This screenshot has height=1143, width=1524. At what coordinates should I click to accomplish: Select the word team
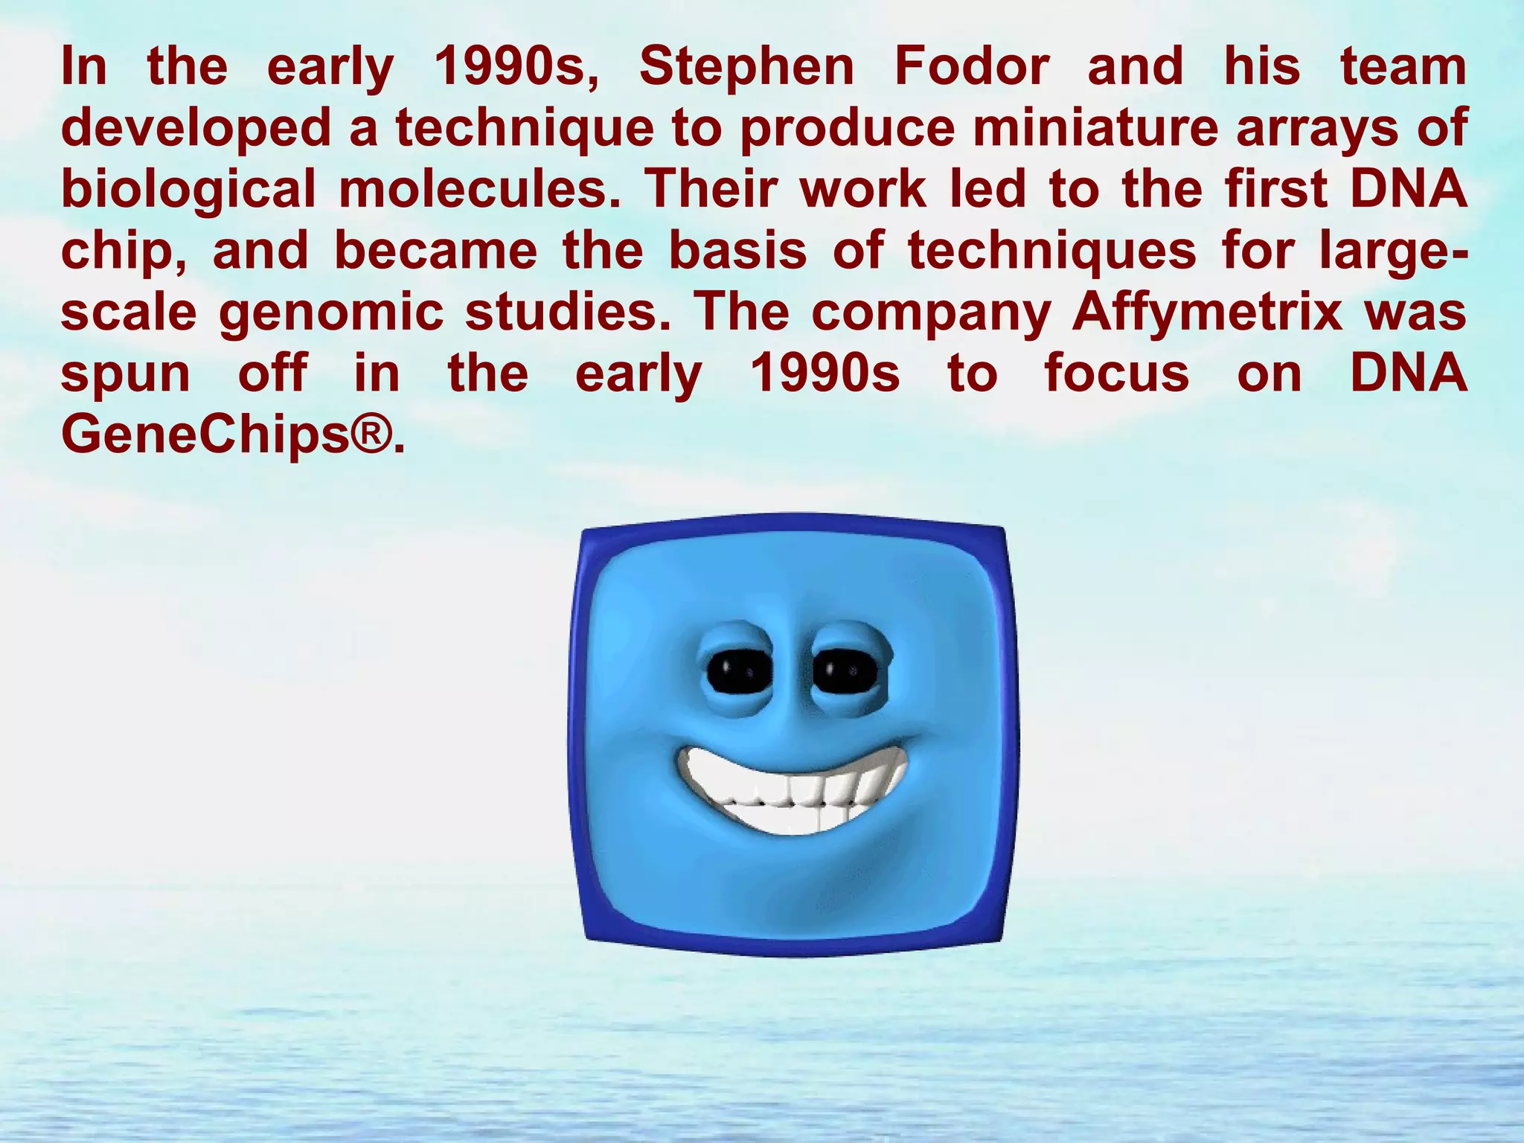tap(1403, 67)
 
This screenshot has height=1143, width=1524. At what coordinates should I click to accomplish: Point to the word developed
tap(196, 129)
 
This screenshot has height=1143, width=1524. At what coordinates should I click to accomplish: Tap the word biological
tap(188, 190)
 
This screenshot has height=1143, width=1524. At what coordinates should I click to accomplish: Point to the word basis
tap(737, 252)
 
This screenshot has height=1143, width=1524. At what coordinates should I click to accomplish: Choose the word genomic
tap(331, 313)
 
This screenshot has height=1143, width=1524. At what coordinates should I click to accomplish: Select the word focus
tap(1117, 374)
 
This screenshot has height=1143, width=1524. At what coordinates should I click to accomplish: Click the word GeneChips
tap(205, 435)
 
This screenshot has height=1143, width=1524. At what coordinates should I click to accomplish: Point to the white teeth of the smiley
tap(792, 793)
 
